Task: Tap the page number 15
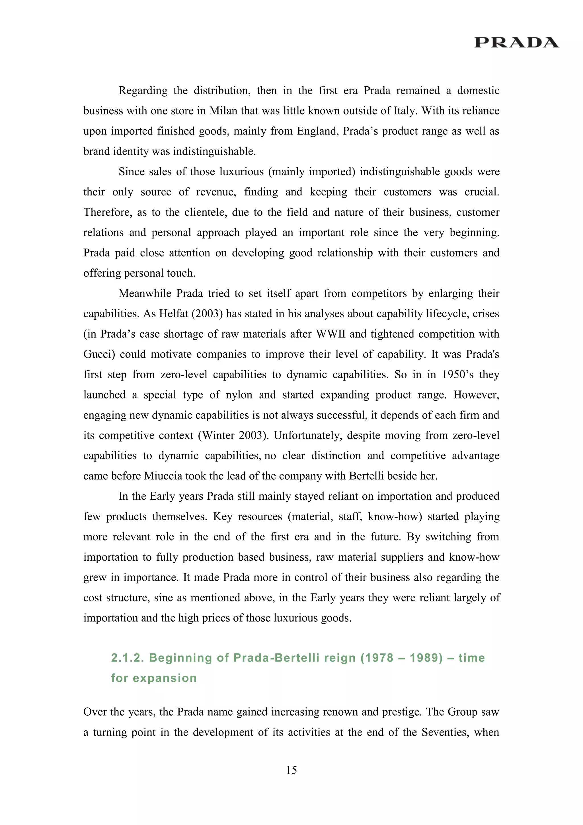291,770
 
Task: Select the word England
317,131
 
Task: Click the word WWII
330,334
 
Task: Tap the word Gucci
99,354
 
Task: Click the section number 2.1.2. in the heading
128,658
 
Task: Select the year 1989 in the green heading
426,658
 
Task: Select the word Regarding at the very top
143,91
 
